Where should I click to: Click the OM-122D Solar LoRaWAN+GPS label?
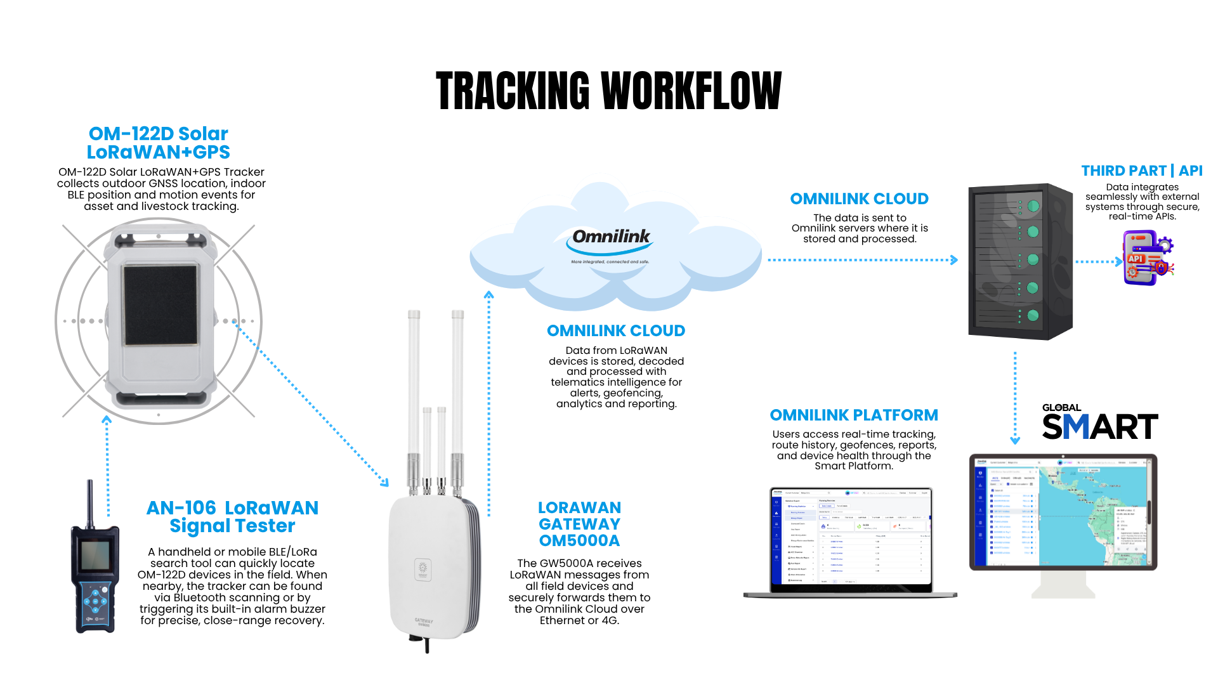[x=158, y=143]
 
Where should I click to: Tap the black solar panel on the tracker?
[x=160, y=305]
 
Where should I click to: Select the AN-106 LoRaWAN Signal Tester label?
[x=232, y=517]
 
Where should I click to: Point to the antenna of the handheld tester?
[x=90, y=501]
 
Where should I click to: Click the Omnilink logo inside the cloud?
[x=610, y=238]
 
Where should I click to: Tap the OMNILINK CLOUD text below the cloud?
[x=615, y=330]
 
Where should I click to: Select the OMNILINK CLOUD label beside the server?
[x=859, y=199]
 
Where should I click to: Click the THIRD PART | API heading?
[x=1141, y=171]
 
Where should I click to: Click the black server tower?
[x=1019, y=261]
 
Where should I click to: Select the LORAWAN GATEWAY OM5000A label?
[x=579, y=524]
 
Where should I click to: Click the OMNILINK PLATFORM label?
[x=853, y=415]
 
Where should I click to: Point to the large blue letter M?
[x=1075, y=426]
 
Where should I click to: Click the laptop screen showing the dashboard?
[x=851, y=538]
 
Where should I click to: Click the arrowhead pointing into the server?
[x=953, y=259]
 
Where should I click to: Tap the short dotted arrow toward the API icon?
[x=1097, y=261]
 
